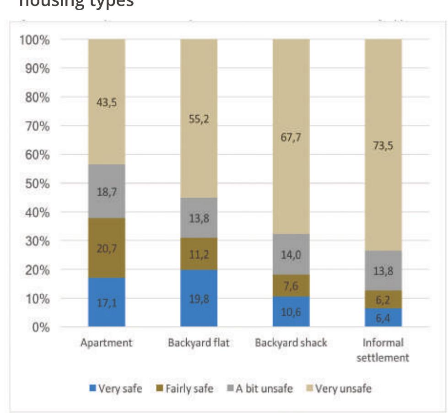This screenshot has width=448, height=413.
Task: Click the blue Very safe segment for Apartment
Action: click(107, 302)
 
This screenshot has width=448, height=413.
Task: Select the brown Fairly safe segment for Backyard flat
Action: click(199, 254)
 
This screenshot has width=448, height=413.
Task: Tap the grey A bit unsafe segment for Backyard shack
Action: click(291, 254)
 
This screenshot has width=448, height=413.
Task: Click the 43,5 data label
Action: click(107, 103)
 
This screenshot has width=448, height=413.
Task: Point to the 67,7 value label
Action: click(291, 138)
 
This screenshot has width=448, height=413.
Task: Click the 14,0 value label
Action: click(291, 255)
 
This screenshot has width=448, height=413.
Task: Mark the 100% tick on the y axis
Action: click(34, 40)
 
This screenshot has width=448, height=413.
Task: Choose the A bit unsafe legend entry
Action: click(259, 389)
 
